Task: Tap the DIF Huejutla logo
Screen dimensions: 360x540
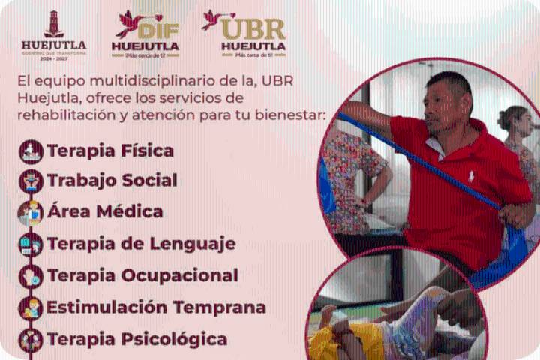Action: tap(145, 34)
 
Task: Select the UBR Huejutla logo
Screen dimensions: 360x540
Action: tap(245, 34)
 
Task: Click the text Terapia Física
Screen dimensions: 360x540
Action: tap(110, 151)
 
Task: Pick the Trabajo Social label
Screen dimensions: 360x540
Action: tap(112, 181)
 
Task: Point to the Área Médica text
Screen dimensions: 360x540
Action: tap(105, 211)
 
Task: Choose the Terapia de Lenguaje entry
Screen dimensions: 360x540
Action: tap(141, 244)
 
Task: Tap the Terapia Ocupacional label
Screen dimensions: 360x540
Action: tap(142, 275)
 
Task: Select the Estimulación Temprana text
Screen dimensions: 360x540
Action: tap(156, 307)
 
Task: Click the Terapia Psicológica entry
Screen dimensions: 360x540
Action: tap(137, 339)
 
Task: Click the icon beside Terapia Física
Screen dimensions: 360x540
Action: tap(31, 151)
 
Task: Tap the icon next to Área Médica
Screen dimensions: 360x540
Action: tap(31, 212)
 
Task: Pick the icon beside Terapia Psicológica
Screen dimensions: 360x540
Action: tap(31, 340)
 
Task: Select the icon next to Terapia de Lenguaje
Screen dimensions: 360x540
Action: tap(31, 244)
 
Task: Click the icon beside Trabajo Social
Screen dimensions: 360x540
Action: tap(31, 181)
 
